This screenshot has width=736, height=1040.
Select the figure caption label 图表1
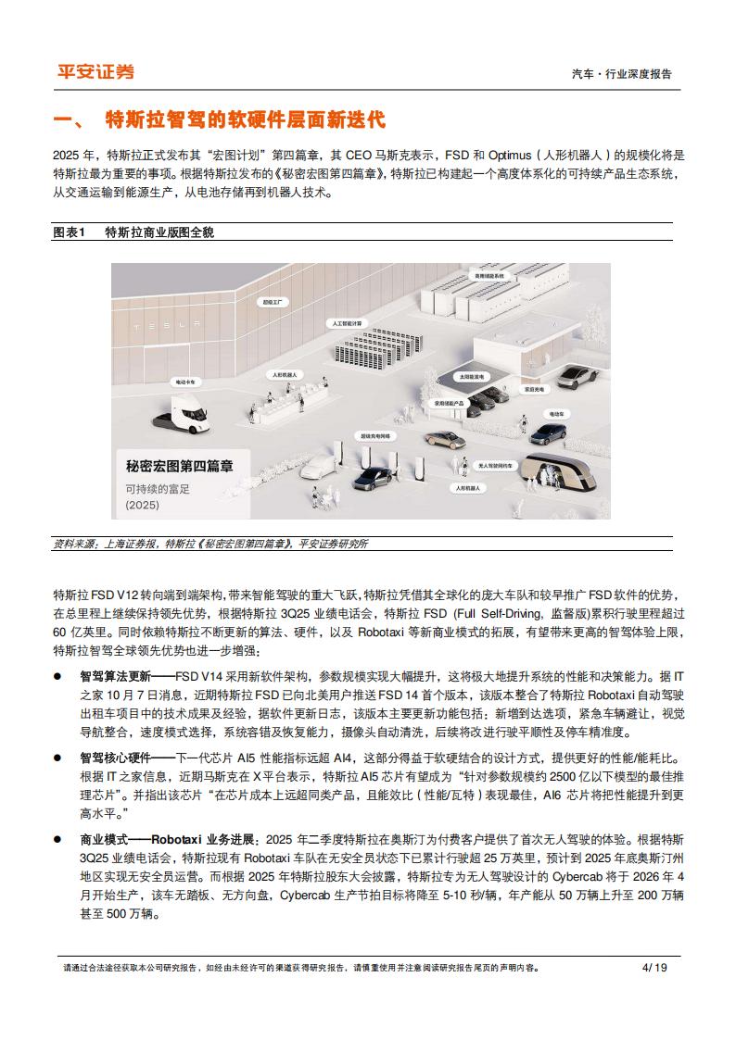(x=69, y=232)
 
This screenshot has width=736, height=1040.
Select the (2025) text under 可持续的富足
(x=143, y=506)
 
